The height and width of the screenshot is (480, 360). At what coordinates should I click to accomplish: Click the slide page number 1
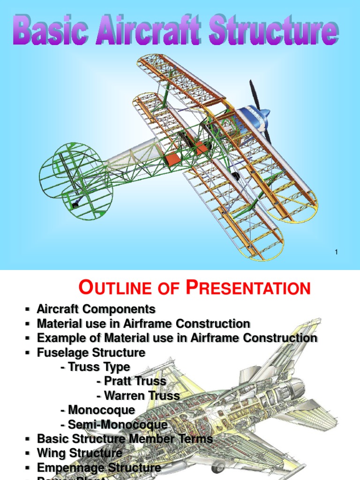point(336,253)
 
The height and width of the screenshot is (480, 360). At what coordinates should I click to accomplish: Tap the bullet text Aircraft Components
point(96,309)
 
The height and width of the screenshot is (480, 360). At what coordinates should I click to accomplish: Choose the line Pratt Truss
point(131,381)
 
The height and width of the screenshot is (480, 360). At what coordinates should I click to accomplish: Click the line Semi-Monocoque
point(114,425)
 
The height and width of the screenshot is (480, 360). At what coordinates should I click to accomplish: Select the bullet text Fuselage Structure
point(91,352)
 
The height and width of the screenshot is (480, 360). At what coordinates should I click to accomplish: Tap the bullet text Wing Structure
point(80,453)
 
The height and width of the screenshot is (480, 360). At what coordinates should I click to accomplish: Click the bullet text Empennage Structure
point(99,468)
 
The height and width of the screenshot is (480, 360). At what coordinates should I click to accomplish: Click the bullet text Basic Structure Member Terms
point(125,439)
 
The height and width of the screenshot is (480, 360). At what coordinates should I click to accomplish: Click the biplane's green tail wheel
point(75,205)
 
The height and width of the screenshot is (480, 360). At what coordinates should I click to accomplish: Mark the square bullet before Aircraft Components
point(27,310)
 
